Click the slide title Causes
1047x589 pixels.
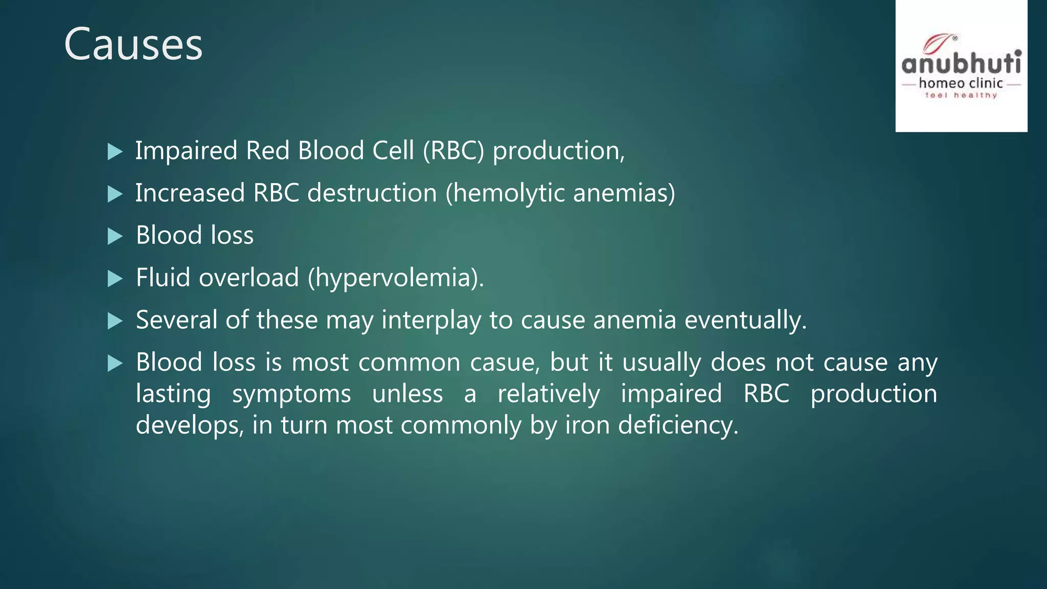tap(133, 45)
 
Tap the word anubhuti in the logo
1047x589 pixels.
tap(961, 64)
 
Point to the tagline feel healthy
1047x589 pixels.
tap(961, 95)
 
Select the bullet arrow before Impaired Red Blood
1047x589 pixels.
tap(115, 152)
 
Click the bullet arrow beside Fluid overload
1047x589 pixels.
tap(115, 279)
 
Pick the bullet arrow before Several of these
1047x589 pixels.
tap(115, 321)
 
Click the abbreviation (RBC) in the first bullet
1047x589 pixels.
tap(453, 151)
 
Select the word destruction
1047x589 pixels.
tap(372, 193)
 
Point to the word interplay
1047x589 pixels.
tap(431, 321)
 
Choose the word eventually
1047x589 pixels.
tap(745, 321)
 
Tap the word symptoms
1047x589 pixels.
tap(291, 394)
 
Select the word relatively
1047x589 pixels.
tap(549, 394)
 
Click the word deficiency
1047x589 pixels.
tap(678, 425)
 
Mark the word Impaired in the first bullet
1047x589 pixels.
tap(186, 151)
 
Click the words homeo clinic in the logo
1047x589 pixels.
tap(961, 83)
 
